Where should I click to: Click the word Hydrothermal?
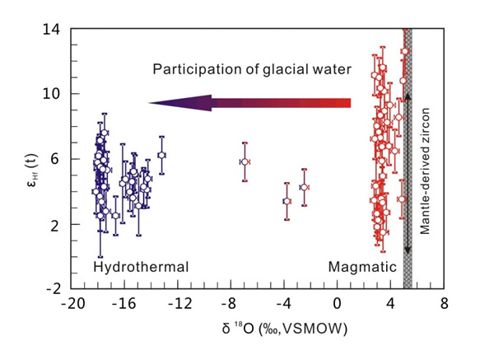tap(141, 267)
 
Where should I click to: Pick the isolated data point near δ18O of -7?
tap(245, 162)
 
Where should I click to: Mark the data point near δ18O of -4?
tap(287, 201)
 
